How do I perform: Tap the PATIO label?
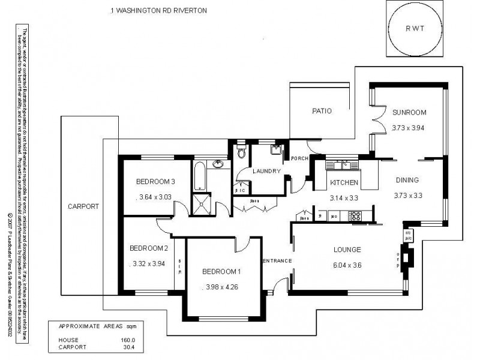pyautogui.click(x=322, y=111)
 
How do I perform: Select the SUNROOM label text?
pyautogui.click(x=409, y=112)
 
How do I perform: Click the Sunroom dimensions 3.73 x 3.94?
pyautogui.click(x=408, y=127)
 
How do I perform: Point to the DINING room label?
pyautogui.click(x=407, y=180)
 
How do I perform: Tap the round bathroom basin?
pyautogui.click(x=219, y=164)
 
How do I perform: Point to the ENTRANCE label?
pyautogui.click(x=277, y=261)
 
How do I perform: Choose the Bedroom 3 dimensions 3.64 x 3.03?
pyautogui.click(x=155, y=196)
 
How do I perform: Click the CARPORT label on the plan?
pyautogui.click(x=83, y=206)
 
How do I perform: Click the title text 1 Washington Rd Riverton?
pyautogui.click(x=158, y=11)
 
